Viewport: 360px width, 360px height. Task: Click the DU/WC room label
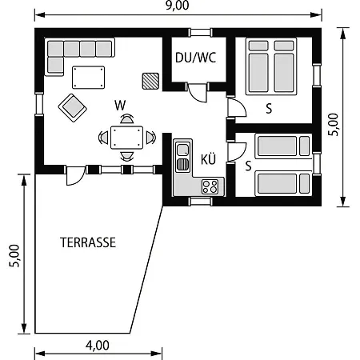195,58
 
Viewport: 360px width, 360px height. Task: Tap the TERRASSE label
88,242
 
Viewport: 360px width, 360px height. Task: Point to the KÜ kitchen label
208,158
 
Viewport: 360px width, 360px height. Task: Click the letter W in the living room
120,106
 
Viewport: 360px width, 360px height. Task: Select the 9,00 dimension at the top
177,6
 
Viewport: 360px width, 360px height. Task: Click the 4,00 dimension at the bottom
98,346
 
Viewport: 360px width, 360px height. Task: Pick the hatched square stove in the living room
150,81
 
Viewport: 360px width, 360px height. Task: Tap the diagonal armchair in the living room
73,108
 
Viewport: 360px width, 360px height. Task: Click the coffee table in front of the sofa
88,78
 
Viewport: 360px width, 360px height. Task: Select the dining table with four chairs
126,138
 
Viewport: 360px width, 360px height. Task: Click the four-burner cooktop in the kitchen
210,186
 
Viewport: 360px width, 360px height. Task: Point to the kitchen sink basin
183,150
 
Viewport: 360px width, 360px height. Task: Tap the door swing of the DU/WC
198,93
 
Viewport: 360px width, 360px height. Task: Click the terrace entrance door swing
75,176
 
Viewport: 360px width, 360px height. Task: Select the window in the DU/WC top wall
201,32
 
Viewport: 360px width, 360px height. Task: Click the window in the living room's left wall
39,104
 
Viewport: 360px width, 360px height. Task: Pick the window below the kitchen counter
201,201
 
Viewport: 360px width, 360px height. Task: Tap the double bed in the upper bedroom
271,66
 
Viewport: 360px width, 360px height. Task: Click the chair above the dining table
126,119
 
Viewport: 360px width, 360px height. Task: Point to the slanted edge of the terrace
146,270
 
